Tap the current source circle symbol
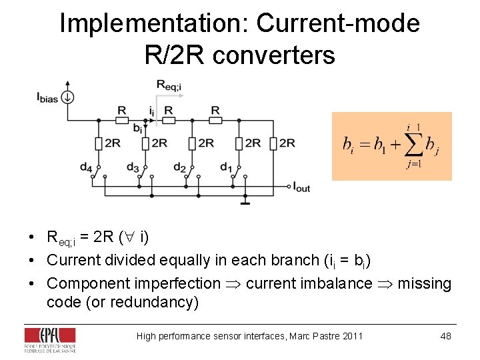pos(67,97)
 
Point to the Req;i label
pos(168,85)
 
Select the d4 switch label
pos(86,167)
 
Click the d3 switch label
pos(133,167)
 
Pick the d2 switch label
pos(179,167)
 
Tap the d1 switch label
pos(226,167)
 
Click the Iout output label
pos(301,187)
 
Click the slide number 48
pos(445,336)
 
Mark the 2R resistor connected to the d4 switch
pos(98,143)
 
